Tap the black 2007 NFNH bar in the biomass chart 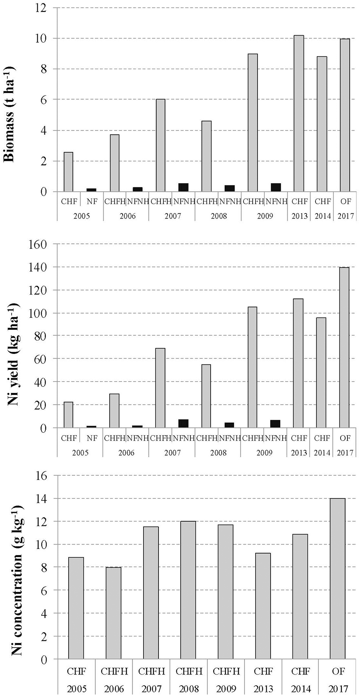183,187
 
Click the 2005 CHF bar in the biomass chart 69,172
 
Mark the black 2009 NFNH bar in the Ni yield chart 275,424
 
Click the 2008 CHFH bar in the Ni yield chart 206,396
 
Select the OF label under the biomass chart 345,201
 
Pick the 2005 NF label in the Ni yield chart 92,438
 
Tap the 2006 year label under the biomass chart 128,216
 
